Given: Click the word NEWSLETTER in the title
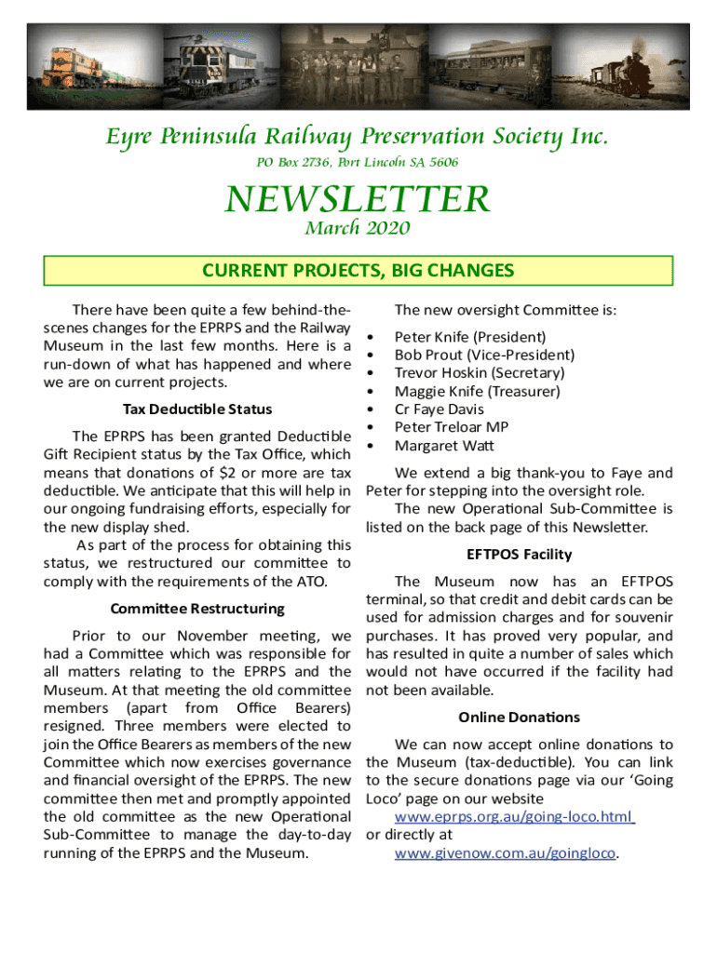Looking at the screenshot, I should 358,199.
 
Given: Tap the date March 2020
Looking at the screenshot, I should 358,228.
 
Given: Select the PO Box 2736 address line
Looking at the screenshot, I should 358,162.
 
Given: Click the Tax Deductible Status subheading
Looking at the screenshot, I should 197,409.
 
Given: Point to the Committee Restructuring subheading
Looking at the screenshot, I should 197,609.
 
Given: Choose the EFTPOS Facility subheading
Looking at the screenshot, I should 520,555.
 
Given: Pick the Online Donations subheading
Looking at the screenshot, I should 520,718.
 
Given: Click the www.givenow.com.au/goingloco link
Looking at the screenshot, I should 506,852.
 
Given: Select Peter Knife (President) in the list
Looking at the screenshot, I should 470,337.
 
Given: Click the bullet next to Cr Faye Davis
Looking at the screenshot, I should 372,410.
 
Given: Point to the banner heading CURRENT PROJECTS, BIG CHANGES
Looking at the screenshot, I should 358,271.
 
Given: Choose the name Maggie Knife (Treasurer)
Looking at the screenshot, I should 477,392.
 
